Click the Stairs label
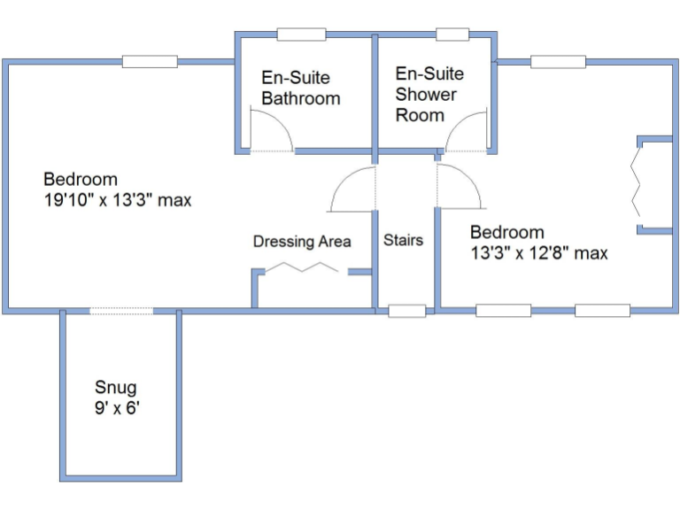pos(403,240)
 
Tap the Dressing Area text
pos(302,241)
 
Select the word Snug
pos(115,388)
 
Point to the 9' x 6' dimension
pos(118,408)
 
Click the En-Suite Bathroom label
pos(300,89)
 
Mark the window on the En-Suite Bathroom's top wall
pos(303,35)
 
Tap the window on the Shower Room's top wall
pos(452,35)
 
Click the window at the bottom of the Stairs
pos(407,311)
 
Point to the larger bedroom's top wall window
pos(150,62)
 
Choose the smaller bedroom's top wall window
pos(558,62)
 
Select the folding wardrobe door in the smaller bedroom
pos(637,183)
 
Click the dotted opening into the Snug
pos(120,311)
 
